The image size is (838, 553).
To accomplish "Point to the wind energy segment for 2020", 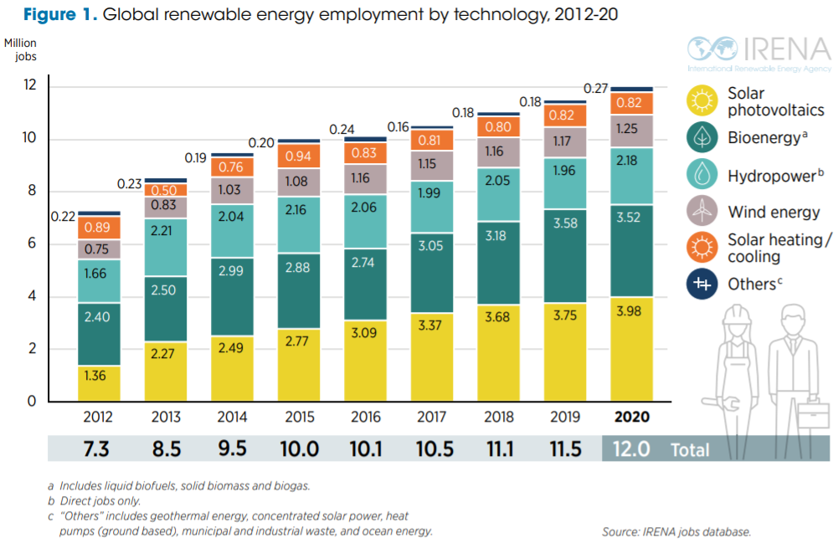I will (632, 129).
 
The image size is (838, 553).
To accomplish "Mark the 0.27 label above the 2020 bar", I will (595, 89).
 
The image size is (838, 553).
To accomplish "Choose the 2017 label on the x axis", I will (433, 417).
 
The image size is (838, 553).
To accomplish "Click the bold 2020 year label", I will (632, 417).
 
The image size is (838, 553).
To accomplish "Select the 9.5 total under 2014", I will (233, 449).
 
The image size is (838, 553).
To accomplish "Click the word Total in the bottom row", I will (690, 449).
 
